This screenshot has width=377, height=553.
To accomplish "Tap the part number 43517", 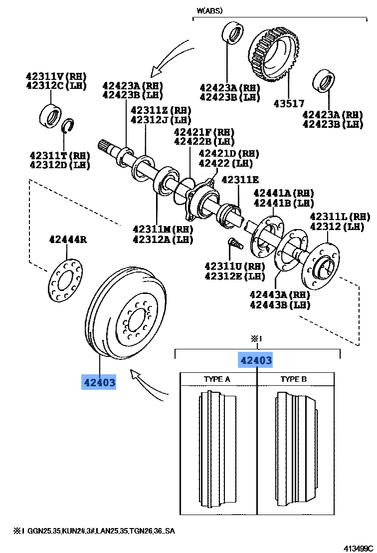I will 288,104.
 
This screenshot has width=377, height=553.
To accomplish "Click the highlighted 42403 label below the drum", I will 99,383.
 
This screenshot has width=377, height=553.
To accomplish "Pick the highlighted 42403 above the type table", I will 256,360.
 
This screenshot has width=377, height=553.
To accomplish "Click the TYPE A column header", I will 217,379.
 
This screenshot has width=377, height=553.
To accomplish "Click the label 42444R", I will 68,240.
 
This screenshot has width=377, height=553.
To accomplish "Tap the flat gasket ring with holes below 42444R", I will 65,281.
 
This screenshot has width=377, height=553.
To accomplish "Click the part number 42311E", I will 240,180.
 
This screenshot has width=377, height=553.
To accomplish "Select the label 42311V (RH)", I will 56,76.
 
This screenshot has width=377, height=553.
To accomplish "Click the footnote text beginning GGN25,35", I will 100,531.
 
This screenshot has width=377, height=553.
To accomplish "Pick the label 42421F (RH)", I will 203,132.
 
